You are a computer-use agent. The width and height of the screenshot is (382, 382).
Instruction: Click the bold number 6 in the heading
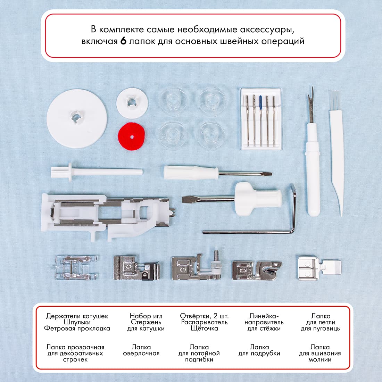pyautogui.click(x=123, y=41)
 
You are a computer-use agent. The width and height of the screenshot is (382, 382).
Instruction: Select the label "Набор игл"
pyautogui.click(x=146, y=316)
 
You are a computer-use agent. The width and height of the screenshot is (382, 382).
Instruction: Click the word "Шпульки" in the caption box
pyautogui.click(x=77, y=322)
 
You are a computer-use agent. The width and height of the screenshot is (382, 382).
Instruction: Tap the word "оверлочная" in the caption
pyautogui.click(x=141, y=354)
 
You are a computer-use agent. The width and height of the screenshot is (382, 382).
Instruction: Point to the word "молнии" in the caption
pyautogui.click(x=320, y=360)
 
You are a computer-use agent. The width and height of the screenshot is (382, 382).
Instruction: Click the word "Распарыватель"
pyautogui.click(x=204, y=322)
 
